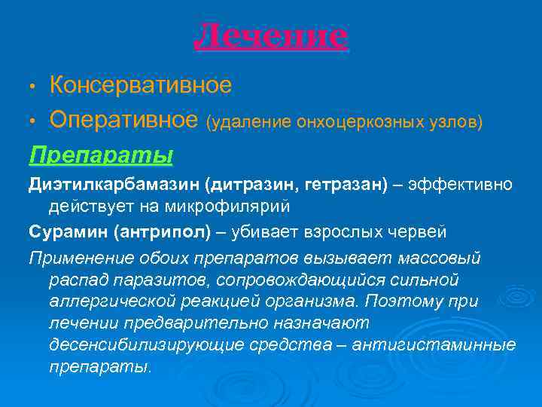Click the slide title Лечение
coord(271,35)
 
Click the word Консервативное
coord(140,85)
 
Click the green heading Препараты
coord(101,155)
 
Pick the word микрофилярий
coord(224,205)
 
